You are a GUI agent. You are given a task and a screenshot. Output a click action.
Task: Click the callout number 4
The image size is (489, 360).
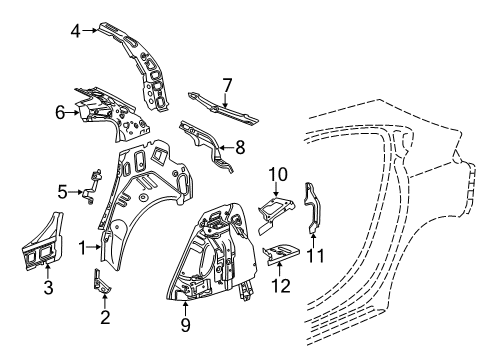pos(76,31)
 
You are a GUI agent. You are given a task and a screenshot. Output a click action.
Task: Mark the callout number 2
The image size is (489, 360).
pos(103,320)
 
